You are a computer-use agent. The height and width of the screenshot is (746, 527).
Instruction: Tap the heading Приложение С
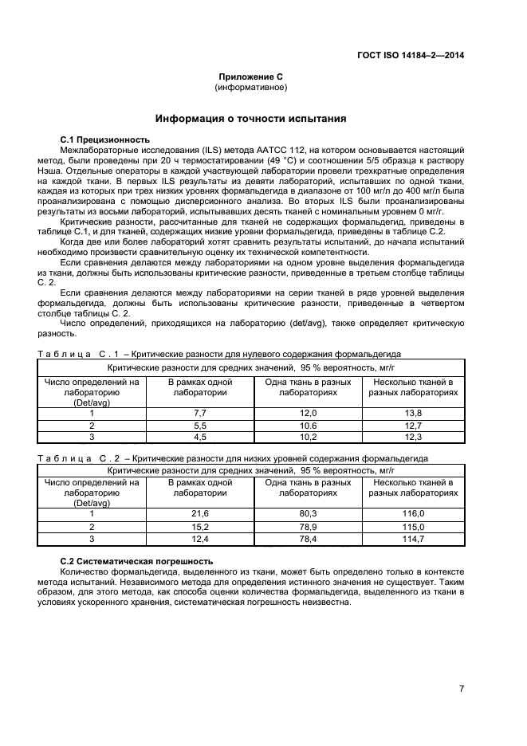(251, 77)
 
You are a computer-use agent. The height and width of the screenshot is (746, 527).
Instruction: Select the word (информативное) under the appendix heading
(251, 87)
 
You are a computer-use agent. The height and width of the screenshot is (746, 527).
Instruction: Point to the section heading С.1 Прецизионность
(105, 139)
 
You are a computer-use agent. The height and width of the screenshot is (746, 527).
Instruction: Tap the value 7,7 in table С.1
(200, 413)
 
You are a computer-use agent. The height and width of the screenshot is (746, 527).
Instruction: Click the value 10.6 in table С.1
(308, 425)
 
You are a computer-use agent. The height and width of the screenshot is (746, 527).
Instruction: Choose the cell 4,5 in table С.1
(200, 437)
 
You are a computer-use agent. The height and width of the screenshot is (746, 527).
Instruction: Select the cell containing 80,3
(308, 515)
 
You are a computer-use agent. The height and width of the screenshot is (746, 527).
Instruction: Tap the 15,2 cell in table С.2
(200, 527)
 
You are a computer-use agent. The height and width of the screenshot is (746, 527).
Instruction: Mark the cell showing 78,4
(308, 539)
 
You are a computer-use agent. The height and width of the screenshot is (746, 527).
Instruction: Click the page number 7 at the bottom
(461, 688)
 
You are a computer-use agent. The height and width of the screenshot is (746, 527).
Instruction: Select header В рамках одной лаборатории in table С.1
(200, 387)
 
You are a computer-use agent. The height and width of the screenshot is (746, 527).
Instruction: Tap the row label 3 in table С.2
(92, 539)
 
